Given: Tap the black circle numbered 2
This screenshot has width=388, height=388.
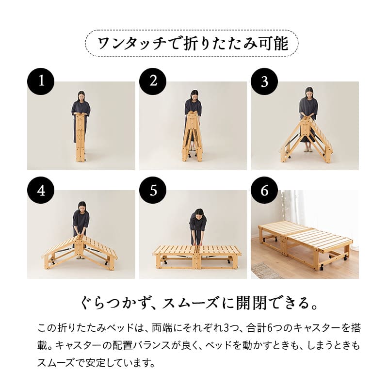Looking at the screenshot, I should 153,81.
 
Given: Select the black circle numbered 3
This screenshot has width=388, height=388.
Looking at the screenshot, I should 264,81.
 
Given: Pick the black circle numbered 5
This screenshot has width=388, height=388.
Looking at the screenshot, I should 153,191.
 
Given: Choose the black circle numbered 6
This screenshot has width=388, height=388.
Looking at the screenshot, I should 264,191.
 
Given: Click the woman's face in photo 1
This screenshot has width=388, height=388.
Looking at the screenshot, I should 81,96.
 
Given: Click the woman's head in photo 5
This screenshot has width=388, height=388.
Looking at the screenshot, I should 198,213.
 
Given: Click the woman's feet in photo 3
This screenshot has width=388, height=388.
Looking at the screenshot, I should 306,149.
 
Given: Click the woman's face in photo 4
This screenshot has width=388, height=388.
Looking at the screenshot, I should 81,207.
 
